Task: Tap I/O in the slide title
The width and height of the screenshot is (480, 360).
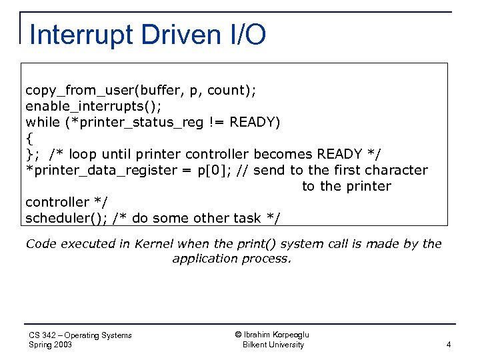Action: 245,35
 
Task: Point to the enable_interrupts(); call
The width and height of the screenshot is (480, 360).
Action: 93,106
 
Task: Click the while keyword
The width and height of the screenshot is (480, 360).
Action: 41,122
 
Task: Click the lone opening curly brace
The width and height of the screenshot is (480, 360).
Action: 29,138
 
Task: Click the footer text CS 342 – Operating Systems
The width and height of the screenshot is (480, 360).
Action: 81,335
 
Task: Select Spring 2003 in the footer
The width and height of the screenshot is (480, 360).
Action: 51,345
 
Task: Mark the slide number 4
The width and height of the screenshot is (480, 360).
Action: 449,345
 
